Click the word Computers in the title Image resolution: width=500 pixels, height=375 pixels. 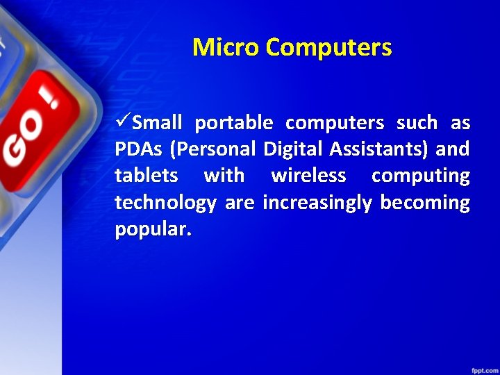click(328, 48)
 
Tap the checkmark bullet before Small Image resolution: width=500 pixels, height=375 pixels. click(123, 123)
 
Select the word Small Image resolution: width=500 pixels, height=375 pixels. click(157, 124)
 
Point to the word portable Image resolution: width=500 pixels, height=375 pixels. click(234, 124)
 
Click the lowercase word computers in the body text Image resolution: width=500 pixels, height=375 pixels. click(335, 124)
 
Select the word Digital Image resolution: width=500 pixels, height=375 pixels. click(288, 150)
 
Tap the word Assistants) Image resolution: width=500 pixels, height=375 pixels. click(374, 150)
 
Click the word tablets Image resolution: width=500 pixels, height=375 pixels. click(147, 176)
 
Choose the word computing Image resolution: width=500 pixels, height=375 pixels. click(420, 176)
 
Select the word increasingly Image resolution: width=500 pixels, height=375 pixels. click(317, 203)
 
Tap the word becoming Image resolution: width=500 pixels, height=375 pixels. click(425, 203)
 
